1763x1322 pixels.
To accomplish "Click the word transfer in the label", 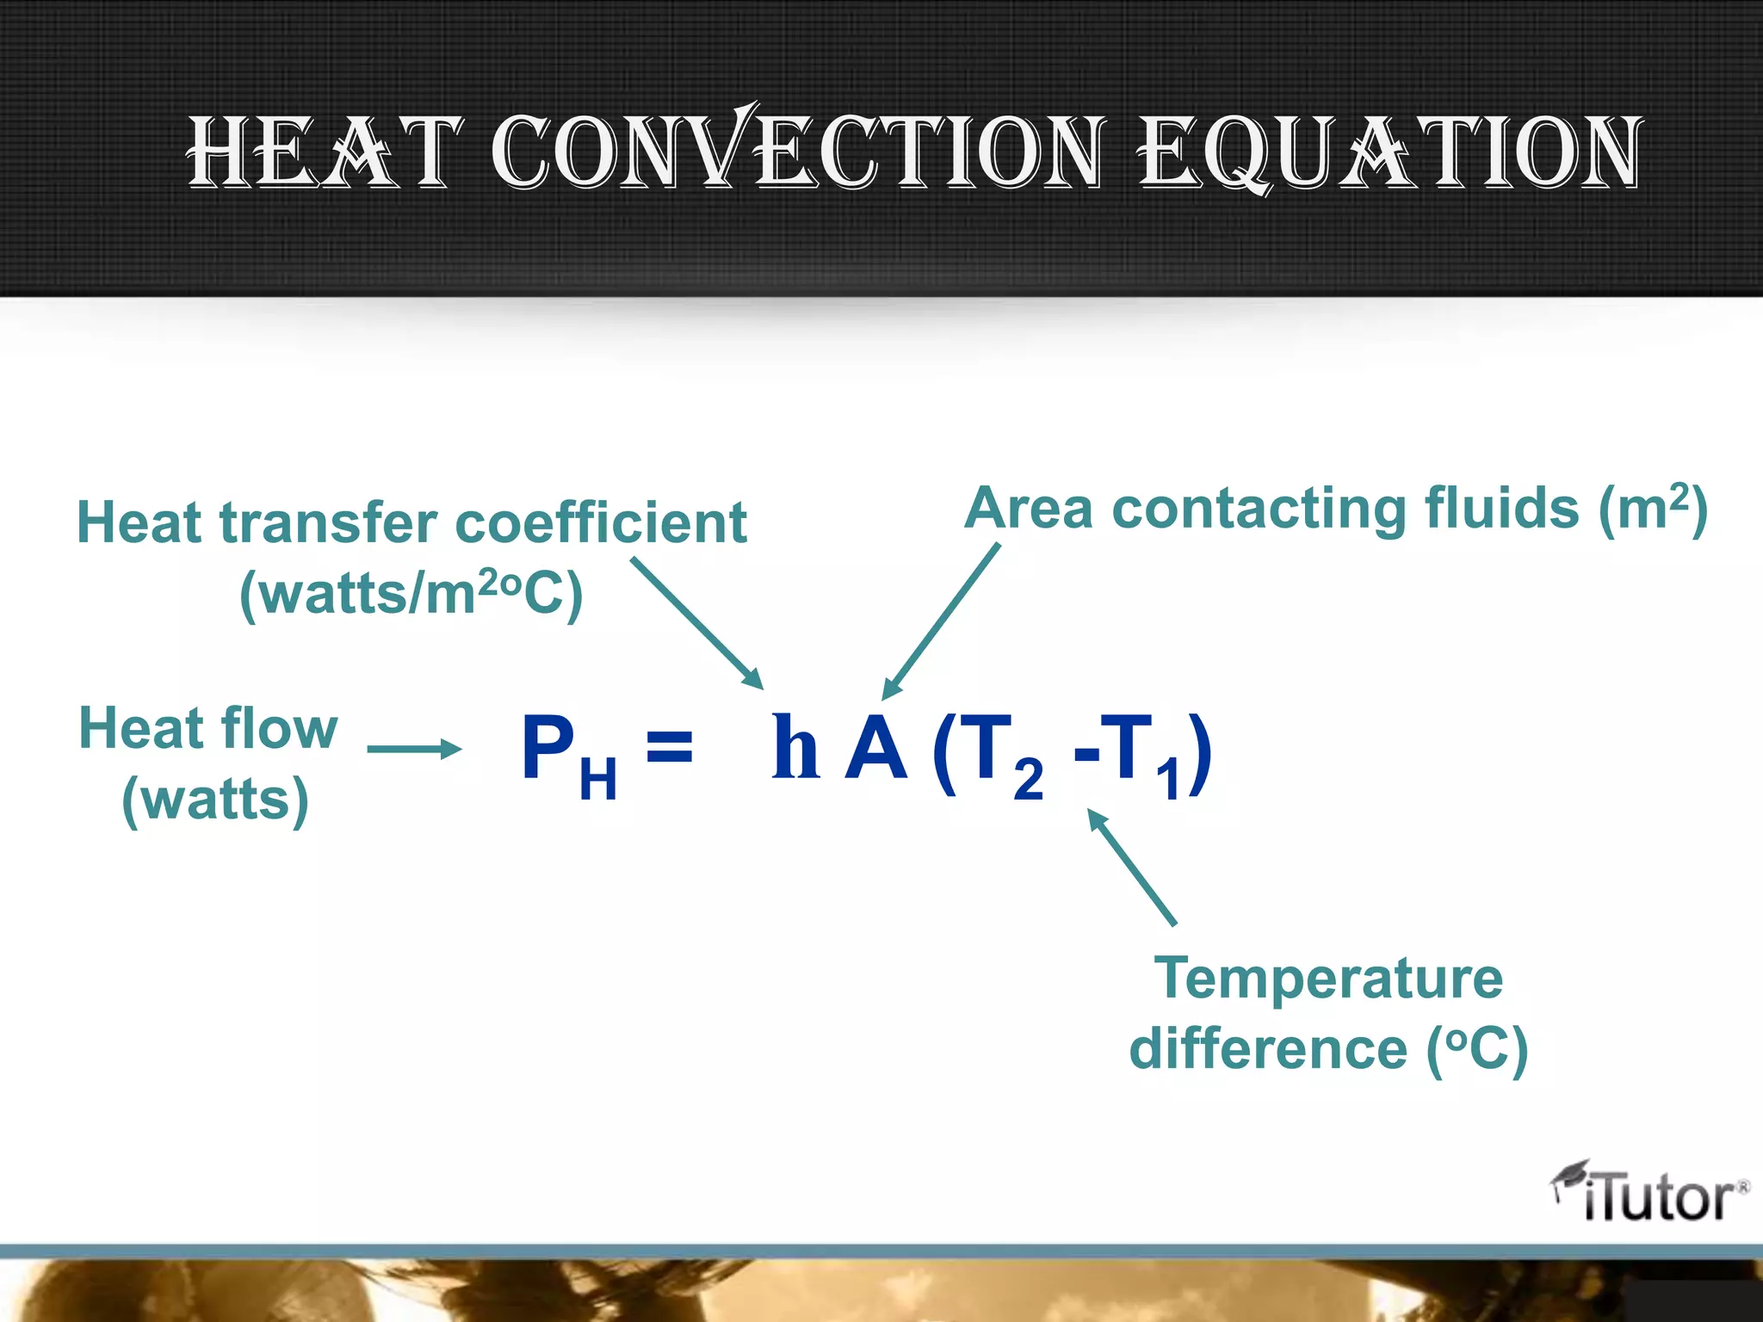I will pos(329,523).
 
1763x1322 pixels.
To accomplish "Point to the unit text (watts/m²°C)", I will pos(411,594).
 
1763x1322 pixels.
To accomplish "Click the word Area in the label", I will pos(1028,508).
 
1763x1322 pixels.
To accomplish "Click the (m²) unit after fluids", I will pos(1653,508).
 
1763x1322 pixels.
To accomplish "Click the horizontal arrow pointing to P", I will pos(414,749).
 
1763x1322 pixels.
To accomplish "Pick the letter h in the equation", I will pos(794,747).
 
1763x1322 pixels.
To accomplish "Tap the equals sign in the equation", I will pos(669,745).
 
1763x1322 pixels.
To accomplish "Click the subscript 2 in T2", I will pos(1028,780).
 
